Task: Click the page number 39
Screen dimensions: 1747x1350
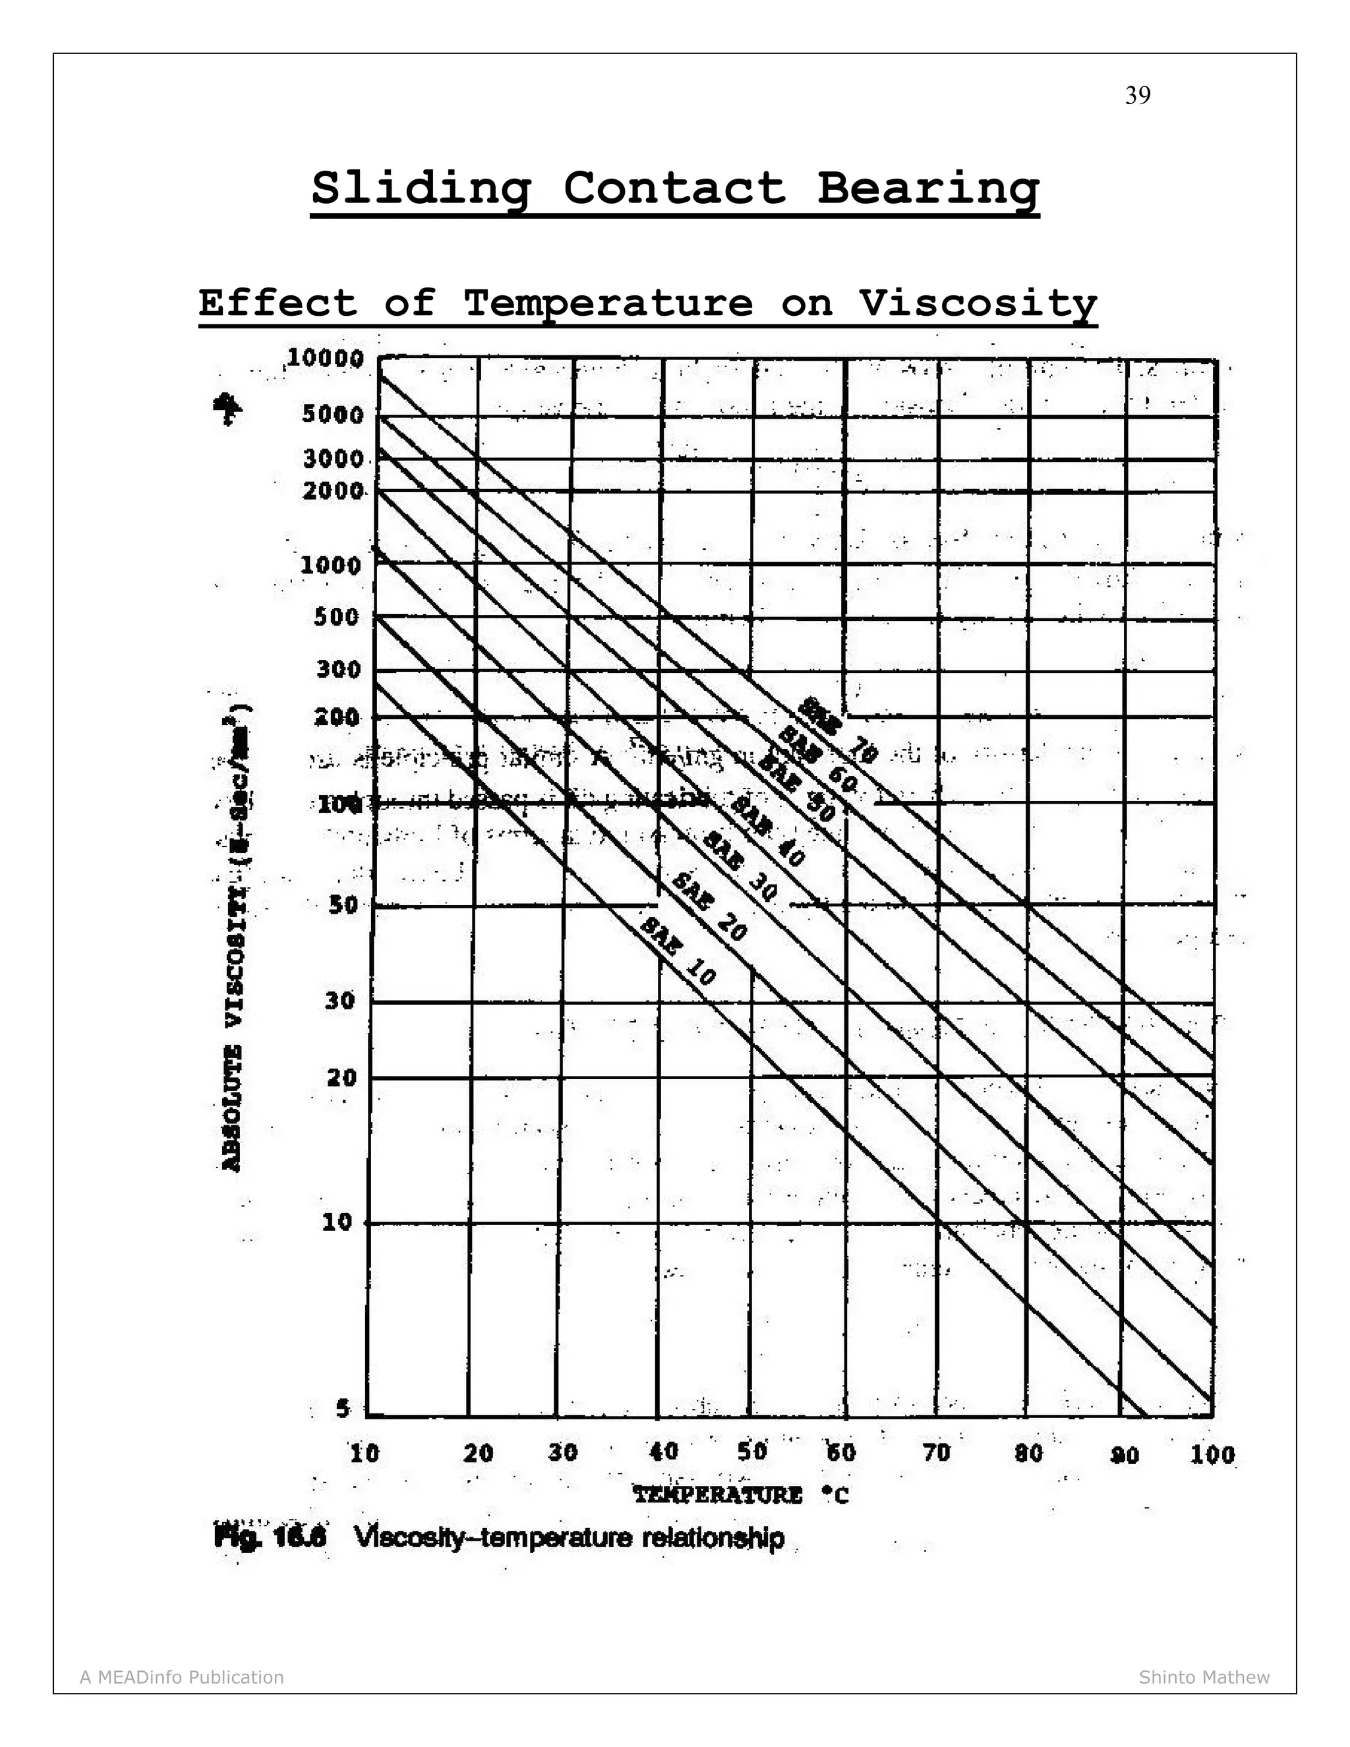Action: click(1137, 96)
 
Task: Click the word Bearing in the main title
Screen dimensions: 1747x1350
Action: click(927, 189)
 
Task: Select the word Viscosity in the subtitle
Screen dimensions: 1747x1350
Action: click(978, 304)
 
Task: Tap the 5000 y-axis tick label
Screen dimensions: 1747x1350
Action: click(334, 415)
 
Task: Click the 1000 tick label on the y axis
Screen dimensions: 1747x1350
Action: click(331, 566)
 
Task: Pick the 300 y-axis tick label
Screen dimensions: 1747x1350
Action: click(339, 668)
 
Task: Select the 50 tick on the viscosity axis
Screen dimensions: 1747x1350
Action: click(342, 904)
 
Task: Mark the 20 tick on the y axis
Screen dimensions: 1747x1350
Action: click(341, 1077)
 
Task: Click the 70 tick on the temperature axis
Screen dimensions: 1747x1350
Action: click(937, 1452)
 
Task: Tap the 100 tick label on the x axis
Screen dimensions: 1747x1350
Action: click(1212, 1454)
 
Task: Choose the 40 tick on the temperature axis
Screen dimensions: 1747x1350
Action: click(664, 1451)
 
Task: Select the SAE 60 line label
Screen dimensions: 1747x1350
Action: click(817, 758)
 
